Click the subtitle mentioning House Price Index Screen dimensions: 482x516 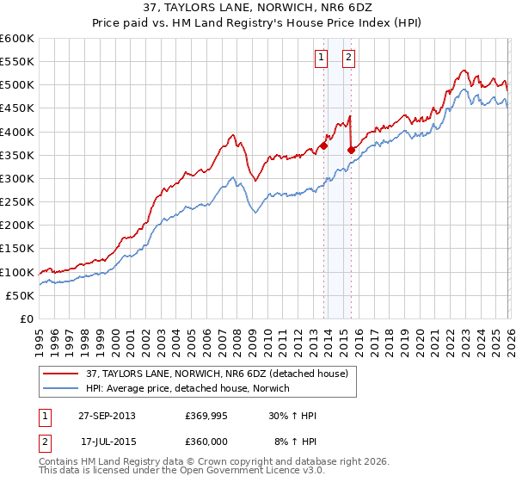[258, 24]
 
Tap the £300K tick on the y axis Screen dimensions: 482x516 [17, 179]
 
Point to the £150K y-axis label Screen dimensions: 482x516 [17, 249]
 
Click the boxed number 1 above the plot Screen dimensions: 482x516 [321, 58]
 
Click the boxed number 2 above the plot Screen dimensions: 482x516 [348, 58]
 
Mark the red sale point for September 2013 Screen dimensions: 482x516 [324, 146]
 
